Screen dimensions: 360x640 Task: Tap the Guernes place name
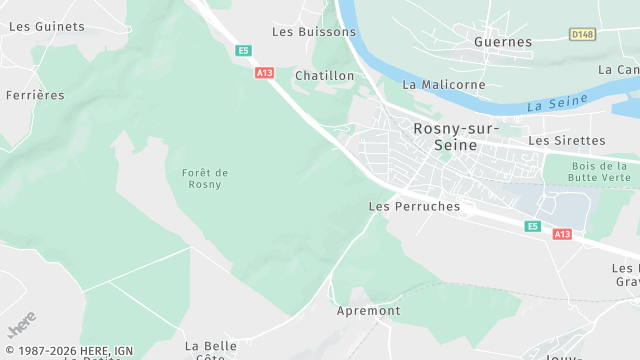[503, 42]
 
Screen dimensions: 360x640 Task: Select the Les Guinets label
[46, 27]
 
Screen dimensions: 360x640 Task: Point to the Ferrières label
[35, 95]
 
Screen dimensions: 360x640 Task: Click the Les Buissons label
[314, 32]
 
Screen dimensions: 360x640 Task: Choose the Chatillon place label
[325, 76]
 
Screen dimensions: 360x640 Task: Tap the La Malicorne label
[443, 85]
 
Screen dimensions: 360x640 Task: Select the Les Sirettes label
[567, 141]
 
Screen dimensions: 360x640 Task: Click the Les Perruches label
[414, 207]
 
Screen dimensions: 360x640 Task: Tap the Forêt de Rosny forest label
[205, 178]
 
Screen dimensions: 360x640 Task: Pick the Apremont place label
[369, 311]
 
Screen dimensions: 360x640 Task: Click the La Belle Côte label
[210, 351]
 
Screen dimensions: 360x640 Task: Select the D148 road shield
[582, 34]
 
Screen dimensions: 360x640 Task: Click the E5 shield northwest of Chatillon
[243, 50]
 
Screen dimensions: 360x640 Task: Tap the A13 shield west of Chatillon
[264, 72]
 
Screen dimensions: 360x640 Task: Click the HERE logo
[20, 326]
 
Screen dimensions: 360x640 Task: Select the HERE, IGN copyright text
[69, 351]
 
